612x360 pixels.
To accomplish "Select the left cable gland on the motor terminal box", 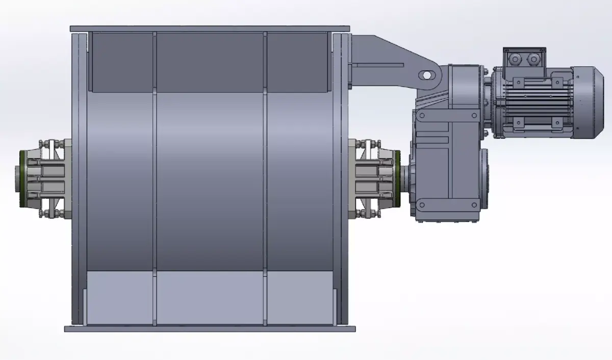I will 516,60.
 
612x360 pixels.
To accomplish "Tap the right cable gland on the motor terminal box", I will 533,60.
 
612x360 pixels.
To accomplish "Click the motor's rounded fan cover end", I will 592,101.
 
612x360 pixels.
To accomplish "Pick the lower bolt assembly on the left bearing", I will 49,212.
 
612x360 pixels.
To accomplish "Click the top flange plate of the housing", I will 209,29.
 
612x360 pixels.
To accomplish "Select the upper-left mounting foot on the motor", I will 519,81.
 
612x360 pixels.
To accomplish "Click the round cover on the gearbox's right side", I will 483,178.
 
